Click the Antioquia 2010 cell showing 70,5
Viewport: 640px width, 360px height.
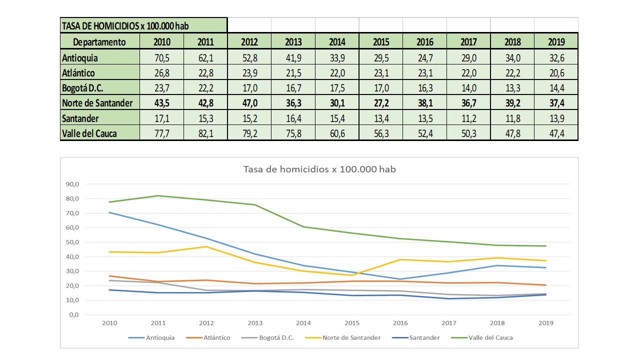[x=162, y=57]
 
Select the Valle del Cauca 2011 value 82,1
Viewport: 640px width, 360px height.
[x=205, y=133]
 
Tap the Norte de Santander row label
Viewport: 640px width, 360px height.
[x=97, y=103]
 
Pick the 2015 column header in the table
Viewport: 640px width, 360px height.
[x=381, y=41]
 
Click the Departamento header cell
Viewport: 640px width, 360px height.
[x=99, y=41]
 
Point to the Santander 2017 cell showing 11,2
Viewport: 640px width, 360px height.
[x=468, y=118]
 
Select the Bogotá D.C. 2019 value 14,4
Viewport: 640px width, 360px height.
[x=556, y=88]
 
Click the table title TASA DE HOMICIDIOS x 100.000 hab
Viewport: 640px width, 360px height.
[x=125, y=25]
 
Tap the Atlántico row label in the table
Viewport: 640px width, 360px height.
[x=78, y=73]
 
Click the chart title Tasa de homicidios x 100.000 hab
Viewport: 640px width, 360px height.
[x=319, y=169]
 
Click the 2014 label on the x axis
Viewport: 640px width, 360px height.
[x=303, y=323]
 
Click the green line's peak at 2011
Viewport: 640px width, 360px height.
[x=158, y=195]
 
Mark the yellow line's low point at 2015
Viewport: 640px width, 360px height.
[x=352, y=275]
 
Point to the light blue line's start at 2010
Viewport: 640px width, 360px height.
[x=109, y=212]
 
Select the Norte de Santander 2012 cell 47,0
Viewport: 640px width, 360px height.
[x=249, y=103]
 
